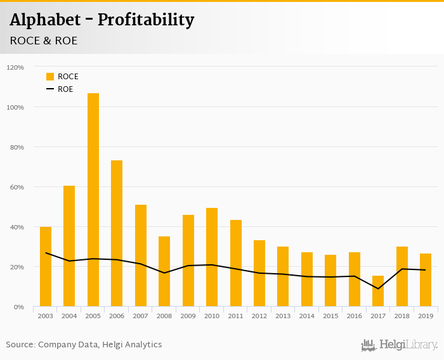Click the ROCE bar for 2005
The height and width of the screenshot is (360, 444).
[93, 200]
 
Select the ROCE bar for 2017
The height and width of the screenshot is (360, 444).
[378, 291]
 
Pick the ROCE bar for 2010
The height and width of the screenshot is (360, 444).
[212, 257]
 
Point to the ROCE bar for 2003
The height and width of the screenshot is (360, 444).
[46, 266]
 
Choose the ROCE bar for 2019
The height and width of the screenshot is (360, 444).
[426, 280]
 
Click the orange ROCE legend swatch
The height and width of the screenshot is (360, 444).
[50, 77]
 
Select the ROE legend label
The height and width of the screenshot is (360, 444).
[65, 89]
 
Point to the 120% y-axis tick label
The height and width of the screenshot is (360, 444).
[15, 67]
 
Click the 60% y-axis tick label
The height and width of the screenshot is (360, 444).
[16, 187]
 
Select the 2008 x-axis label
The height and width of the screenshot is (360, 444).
[164, 316]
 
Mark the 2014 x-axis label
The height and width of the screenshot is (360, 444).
[307, 316]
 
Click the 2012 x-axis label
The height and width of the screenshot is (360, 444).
[259, 316]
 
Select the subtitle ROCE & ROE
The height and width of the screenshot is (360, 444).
[44, 41]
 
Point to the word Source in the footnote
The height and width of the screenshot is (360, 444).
[20, 345]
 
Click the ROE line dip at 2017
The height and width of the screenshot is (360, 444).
[378, 288]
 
